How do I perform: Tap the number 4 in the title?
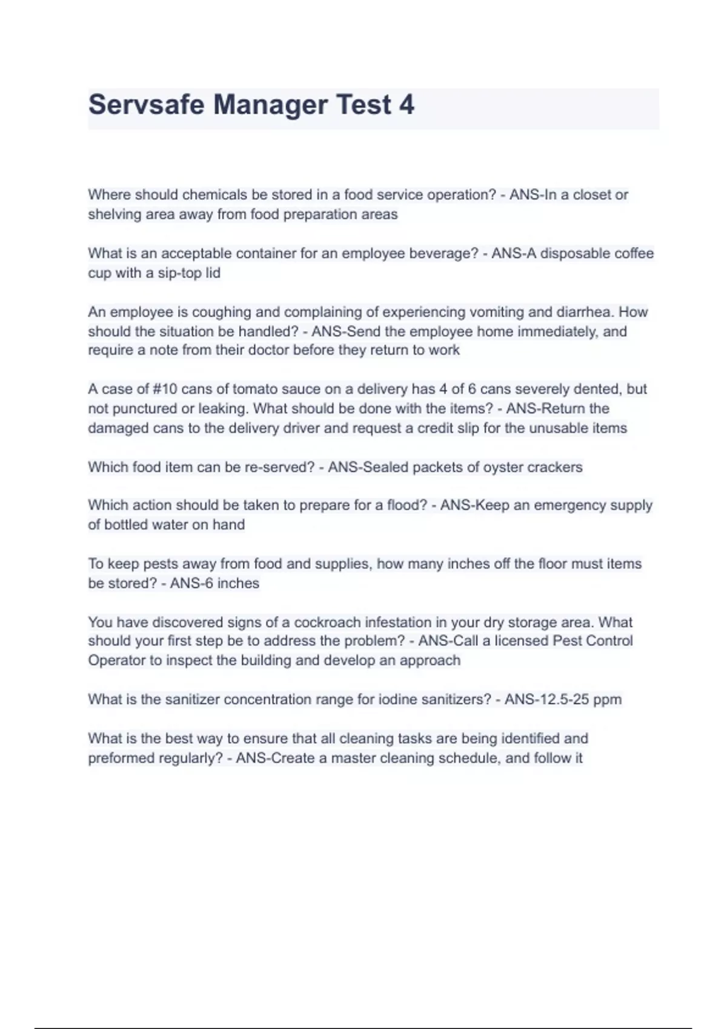[x=407, y=105]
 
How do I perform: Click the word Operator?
[x=118, y=660]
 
